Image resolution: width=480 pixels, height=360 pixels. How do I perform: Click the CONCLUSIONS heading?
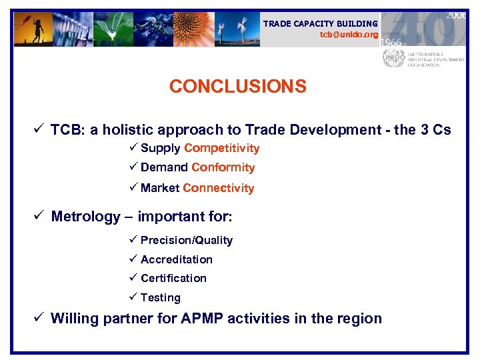[237, 87]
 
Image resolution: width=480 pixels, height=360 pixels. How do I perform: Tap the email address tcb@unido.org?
[349, 34]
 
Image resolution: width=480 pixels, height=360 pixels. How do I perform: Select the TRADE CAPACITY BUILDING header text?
[320, 23]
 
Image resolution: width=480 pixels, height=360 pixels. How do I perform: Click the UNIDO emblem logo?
[393, 57]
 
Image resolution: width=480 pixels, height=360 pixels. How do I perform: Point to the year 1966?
[391, 42]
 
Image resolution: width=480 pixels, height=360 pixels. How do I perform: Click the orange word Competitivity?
[222, 148]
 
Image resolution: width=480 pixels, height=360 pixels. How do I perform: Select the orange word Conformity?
[223, 167]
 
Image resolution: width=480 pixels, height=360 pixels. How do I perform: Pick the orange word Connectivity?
[218, 188]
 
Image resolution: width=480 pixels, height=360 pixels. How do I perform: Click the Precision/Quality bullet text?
[186, 240]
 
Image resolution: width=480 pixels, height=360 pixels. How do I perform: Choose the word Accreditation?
[176, 259]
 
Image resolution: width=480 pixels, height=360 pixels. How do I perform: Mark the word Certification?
[173, 278]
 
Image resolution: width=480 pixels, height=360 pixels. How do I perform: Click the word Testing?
[160, 297]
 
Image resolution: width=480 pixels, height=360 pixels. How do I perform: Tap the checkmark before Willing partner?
[41, 319]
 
